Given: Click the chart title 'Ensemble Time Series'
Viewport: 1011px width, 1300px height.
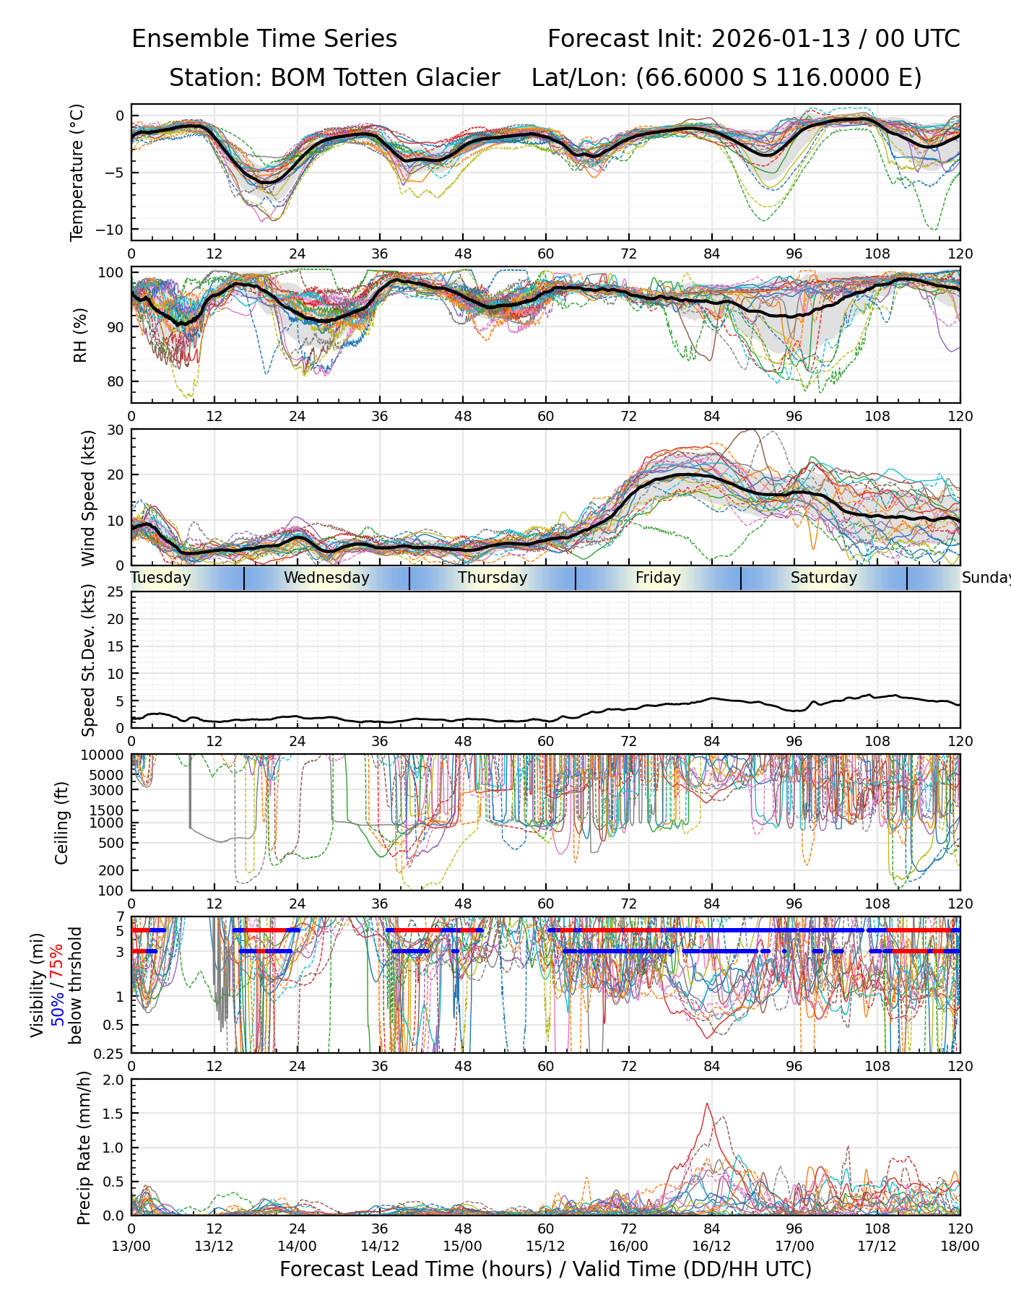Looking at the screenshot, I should pyautogui.click(x=264, y=39).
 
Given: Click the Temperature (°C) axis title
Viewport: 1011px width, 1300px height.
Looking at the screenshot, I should pyautogui.click(x=77, y=172).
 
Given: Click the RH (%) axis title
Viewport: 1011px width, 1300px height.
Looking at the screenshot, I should pyautogui.click(x=80, y=335).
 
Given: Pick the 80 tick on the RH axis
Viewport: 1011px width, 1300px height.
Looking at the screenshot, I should pyautogui.click(x=116, y=382).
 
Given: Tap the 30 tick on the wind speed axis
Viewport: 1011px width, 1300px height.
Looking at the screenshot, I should pyautogui.click(x=116, y=430).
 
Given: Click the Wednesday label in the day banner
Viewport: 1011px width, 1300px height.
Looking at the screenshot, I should pyautogui.click(x=326, y=578).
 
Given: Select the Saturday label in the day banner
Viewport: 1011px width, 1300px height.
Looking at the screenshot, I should pyautogui.click(x=823, y=578).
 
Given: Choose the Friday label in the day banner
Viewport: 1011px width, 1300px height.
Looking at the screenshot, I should pyautogui.click(x=658, y=578).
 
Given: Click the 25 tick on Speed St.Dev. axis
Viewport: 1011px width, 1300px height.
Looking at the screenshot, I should pyautogui.click(x=116, y=592).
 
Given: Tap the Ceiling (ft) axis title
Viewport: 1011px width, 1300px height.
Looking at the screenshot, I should pyautogui.click(x=63, y=823).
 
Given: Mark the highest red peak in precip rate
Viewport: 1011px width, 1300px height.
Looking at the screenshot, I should pyautogui.click(x=707, y=1104).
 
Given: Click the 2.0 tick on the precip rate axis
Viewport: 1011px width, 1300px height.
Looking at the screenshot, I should pyautogui.click(x=114, y=1080).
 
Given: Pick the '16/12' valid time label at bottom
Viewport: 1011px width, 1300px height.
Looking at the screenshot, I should pyautogui.click(x=711, y=1246).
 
